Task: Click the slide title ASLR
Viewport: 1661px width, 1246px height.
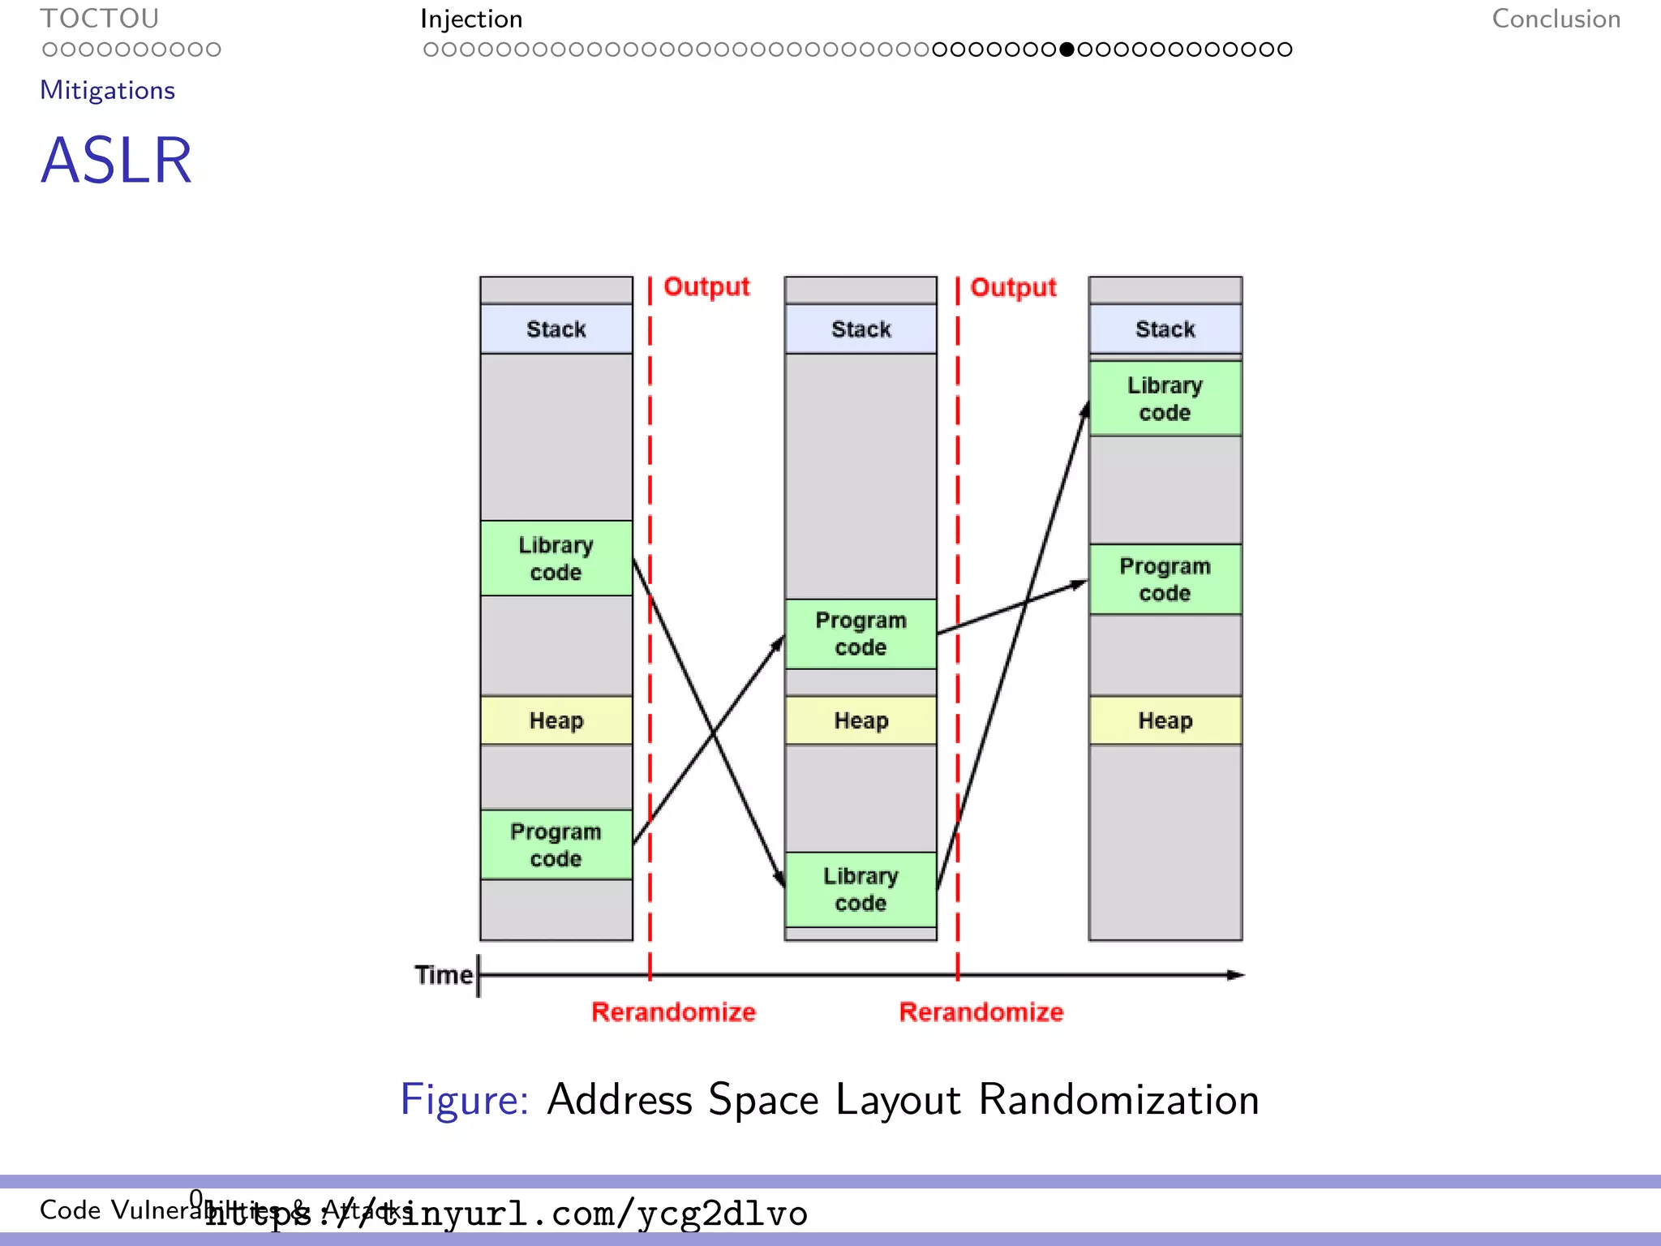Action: pyautogui.click(x=116, y=161)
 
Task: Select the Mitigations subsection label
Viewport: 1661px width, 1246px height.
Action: pyautogui.click(x=107, y=90)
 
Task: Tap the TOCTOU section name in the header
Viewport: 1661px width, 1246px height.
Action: pyautogui.click(x=99, y=19)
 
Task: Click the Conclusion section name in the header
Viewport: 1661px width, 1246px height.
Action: pyautogui.click(x=1556, y=19)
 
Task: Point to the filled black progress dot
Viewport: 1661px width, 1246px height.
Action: pyautogui.click(x=1067, y=49)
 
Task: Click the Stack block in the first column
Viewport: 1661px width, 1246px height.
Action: pyautogui.click(x=556, y=329)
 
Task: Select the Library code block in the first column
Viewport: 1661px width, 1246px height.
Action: pyautogui.click(x=556, y=558)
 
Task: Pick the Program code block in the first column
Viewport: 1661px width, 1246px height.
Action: pyautogui.click(x=556, y=844)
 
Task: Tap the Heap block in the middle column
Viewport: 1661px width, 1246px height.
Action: pyautogui.click(x=861, y=720)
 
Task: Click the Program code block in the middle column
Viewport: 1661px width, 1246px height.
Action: pyautogui.click(x=861, y=634)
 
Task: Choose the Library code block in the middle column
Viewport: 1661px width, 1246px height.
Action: pyautogui.click(x=861, y=889)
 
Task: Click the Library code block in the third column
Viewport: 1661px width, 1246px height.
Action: pyautogui.click(x=1165, y=398)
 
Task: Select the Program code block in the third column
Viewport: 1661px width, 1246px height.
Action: pyautogui.click(x=1165, y=579)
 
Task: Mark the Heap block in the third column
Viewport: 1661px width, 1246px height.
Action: pyautogui.click(x=1165, y=720)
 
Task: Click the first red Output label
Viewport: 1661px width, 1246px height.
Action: pyautogui.click(x=706, y=286)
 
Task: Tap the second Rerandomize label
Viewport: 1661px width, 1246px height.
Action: pyautogui.click(x=981, y=1012)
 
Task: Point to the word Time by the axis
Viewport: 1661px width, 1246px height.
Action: pyautogui.click(x=443, y=974)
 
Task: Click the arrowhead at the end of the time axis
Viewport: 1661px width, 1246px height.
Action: pyautogui.click(x=1235, y=974)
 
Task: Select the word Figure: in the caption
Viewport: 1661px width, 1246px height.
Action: pyautogui.click(x=464, y=1100)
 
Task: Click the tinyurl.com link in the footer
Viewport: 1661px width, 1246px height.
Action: pyautogui.click(x=506, y=1214)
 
